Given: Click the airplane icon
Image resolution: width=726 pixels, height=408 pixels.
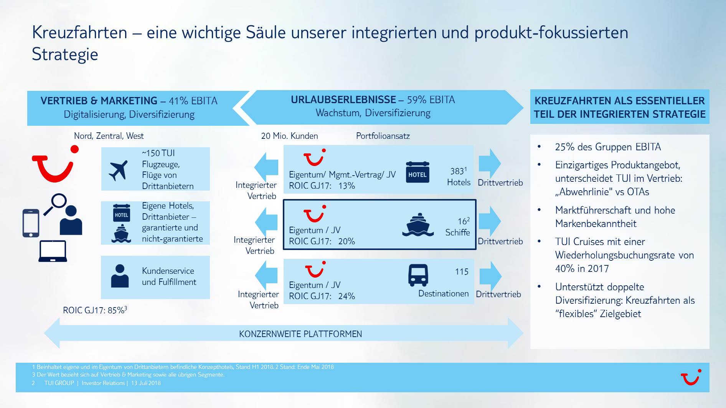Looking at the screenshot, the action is click(118, 170).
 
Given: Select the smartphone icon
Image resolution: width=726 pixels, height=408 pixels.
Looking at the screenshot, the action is click(31, 223).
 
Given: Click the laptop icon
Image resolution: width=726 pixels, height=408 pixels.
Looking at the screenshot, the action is click(53, 251).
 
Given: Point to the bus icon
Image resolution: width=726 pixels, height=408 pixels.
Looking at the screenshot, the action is click(418, 275).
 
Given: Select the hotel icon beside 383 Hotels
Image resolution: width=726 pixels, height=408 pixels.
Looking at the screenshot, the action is click(417, 172).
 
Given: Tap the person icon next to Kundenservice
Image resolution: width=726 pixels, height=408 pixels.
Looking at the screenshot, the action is click(120, 276).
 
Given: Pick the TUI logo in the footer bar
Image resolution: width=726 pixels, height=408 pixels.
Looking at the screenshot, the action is click(691, 377).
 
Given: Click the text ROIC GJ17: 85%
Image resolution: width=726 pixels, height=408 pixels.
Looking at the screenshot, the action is click(94, 310).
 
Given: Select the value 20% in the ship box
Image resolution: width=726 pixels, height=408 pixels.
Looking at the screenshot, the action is click(346, 242).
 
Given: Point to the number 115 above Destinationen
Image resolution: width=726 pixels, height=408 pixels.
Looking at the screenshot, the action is click(462, 272).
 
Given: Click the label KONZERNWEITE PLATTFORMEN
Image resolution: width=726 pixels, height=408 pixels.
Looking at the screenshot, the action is click(300, 334).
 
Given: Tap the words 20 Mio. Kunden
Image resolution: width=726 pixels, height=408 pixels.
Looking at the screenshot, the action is click(289, 136).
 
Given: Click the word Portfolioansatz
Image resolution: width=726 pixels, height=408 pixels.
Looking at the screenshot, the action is click(383, 136).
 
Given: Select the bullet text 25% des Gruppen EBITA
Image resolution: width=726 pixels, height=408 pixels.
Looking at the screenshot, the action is click(608, 147).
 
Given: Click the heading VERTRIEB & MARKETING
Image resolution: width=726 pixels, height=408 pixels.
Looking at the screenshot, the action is click(99, 101).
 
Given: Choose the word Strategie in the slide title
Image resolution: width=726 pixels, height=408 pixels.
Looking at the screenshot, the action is click(65, 54).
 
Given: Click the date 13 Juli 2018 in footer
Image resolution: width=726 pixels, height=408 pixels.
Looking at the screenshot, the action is click(146, 383).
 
